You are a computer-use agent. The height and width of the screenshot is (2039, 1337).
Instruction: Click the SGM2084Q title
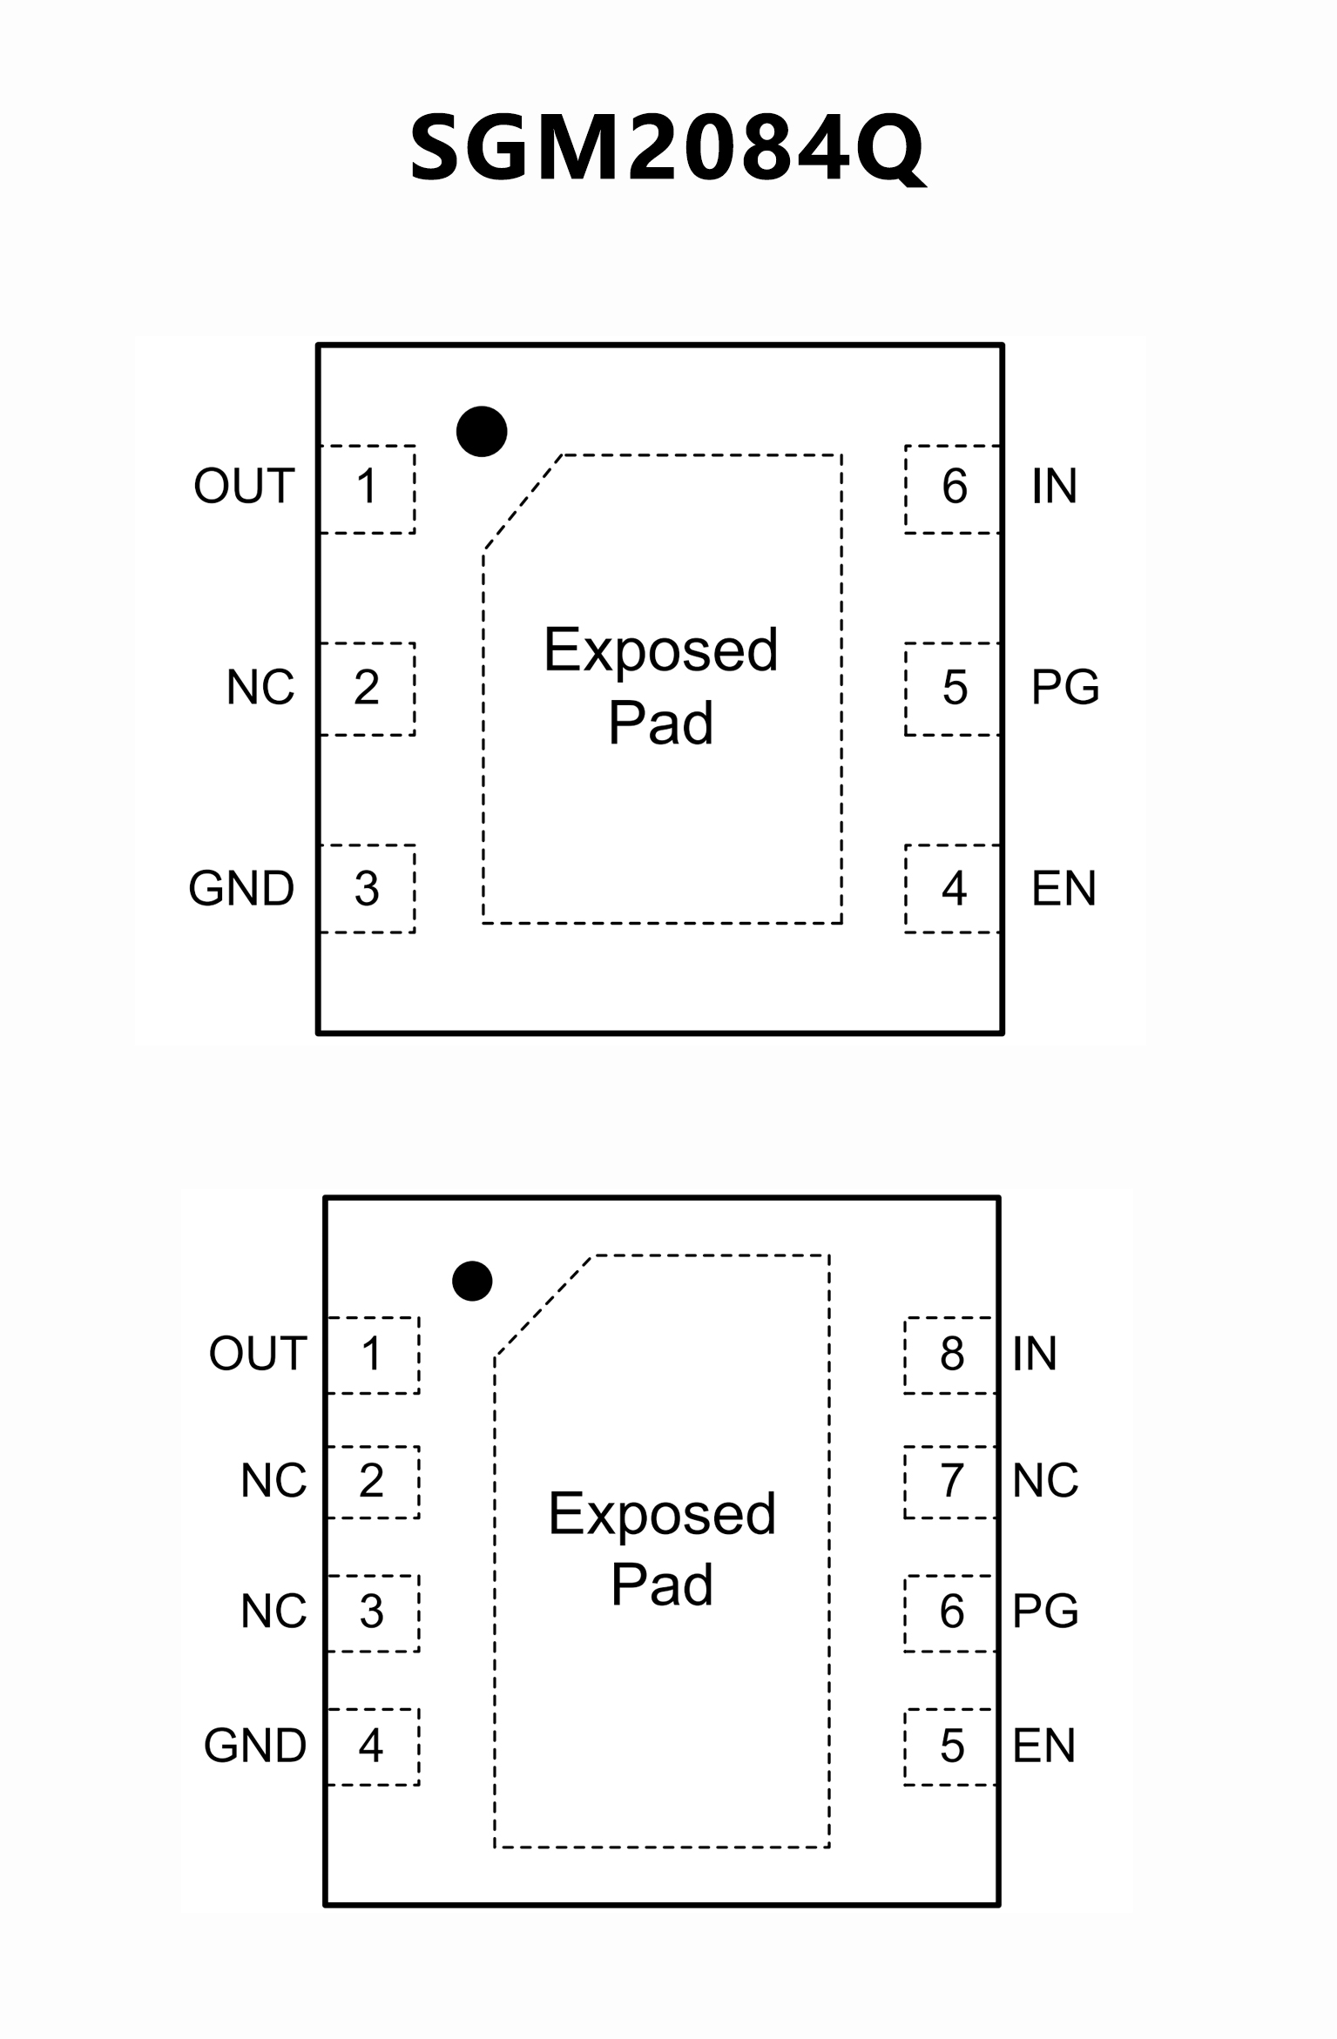pos(667,148)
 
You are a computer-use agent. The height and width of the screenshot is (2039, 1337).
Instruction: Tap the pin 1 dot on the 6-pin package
pos(482,431)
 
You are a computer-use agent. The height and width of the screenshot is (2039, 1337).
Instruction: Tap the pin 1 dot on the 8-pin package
pos(472,1281)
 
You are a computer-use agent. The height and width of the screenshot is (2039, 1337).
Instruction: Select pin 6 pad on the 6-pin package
pos(953,488)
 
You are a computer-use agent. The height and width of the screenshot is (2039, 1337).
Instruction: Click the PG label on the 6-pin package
pos(1064,688)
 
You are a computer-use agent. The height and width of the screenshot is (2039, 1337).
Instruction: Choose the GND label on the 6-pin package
pos(241,889)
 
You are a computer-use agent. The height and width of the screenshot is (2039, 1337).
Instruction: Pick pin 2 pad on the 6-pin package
pos(368,688)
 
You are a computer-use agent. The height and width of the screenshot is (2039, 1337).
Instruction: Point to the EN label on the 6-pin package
pos(1063,889)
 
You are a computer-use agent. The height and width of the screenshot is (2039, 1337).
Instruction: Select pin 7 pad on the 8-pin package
pos(950,1481)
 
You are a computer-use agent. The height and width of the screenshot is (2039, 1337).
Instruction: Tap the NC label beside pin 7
pos(1045,1481)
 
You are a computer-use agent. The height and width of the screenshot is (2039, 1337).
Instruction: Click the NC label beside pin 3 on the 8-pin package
pos(273,1612)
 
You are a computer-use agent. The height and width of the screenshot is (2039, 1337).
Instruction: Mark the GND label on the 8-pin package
pos(255,1746)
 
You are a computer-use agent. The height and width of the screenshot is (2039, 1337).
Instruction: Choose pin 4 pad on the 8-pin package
pos(372,1746)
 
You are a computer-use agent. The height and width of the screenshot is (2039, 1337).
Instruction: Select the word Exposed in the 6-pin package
pos(660,650)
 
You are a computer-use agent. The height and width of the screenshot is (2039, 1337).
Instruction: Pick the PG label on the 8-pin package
pos(1045,1612)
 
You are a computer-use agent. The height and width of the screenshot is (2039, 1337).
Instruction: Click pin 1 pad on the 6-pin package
pos(368,488)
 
